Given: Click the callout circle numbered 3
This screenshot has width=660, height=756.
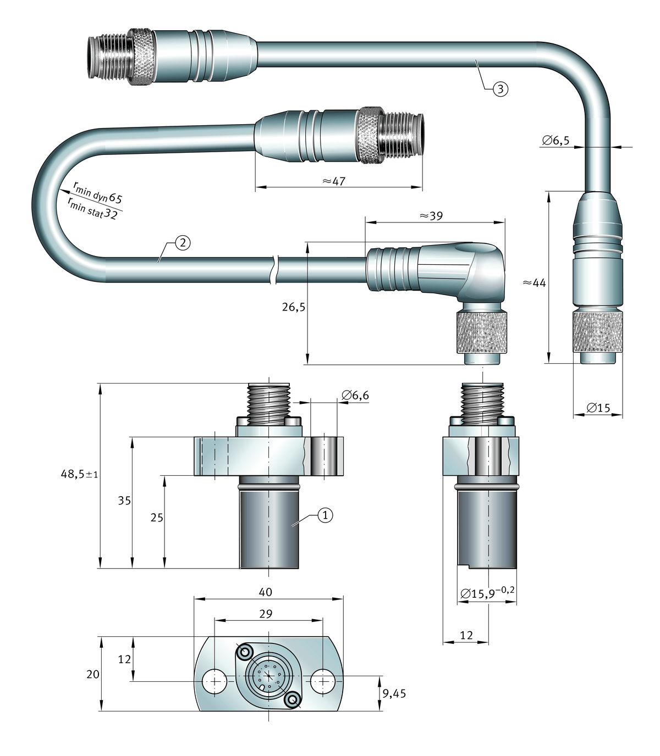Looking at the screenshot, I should tap(499, 89).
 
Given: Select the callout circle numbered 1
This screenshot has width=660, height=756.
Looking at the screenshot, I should tap(325, 515).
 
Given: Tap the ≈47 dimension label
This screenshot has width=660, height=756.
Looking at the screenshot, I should tap(333, 181).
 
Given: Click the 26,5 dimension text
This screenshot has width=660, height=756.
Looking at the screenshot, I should tap(294, 307).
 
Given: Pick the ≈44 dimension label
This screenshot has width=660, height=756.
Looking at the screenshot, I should tap(533, 282).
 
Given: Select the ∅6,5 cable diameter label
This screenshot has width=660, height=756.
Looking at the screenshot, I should tap(555, 141).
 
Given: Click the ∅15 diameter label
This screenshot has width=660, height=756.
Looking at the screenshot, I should tap(598, 408).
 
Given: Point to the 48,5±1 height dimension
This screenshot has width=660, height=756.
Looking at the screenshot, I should tap(79, 474).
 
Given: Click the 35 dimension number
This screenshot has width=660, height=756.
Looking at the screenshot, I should tap(124, 501).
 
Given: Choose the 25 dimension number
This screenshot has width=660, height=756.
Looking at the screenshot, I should tap(157, 517).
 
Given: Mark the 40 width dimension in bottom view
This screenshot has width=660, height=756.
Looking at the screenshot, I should tap(265, 592).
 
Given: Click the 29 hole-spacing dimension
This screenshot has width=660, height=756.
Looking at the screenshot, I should tap(265, 614).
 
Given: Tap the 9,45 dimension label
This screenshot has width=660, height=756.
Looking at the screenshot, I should tap(394, 693).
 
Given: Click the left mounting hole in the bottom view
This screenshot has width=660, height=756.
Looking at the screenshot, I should tap(213, 681).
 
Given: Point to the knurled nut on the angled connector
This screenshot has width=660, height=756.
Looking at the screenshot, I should tap(483, 334).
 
